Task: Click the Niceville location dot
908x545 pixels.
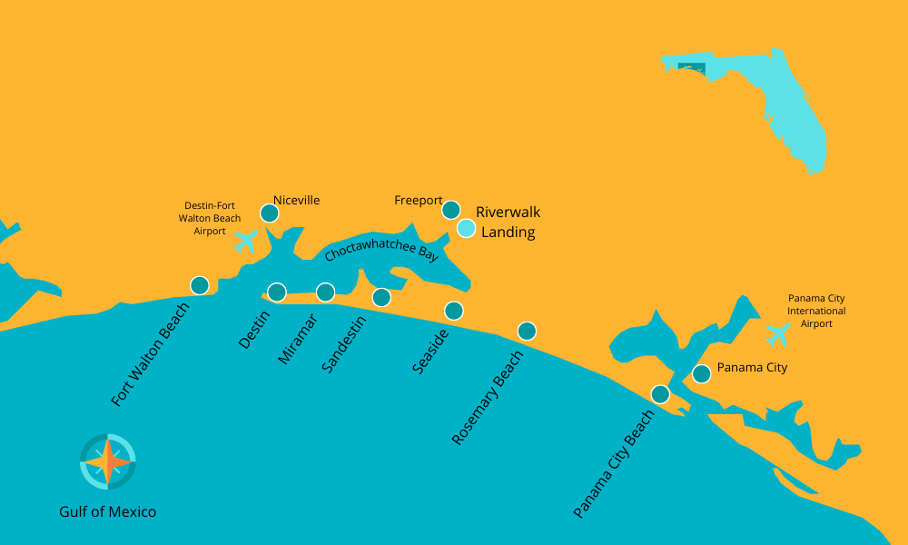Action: [270, 213]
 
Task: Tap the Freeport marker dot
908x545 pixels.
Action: [451, 210]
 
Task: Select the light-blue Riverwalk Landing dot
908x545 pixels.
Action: [466, 228]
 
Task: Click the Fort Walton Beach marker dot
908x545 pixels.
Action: [200, 285]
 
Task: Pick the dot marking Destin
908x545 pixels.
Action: [277, 292]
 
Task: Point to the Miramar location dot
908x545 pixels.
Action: [325, 292]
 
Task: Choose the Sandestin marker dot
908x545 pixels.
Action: [381, 297]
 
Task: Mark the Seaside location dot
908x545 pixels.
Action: [454, 311]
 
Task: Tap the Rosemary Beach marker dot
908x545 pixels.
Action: [527, 331]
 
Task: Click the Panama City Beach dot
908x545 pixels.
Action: [660, 394]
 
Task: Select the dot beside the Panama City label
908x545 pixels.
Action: [701, 373]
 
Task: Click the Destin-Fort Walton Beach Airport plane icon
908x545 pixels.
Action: [245, 242]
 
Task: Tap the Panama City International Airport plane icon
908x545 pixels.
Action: [777, 334]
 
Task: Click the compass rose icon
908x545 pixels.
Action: [108, 461]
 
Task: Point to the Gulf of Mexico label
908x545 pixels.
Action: [108, 512]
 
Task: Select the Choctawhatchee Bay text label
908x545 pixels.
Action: [381, 245]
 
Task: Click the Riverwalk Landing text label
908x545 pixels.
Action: [508, 223]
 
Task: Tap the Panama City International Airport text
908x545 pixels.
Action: [816, 311]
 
